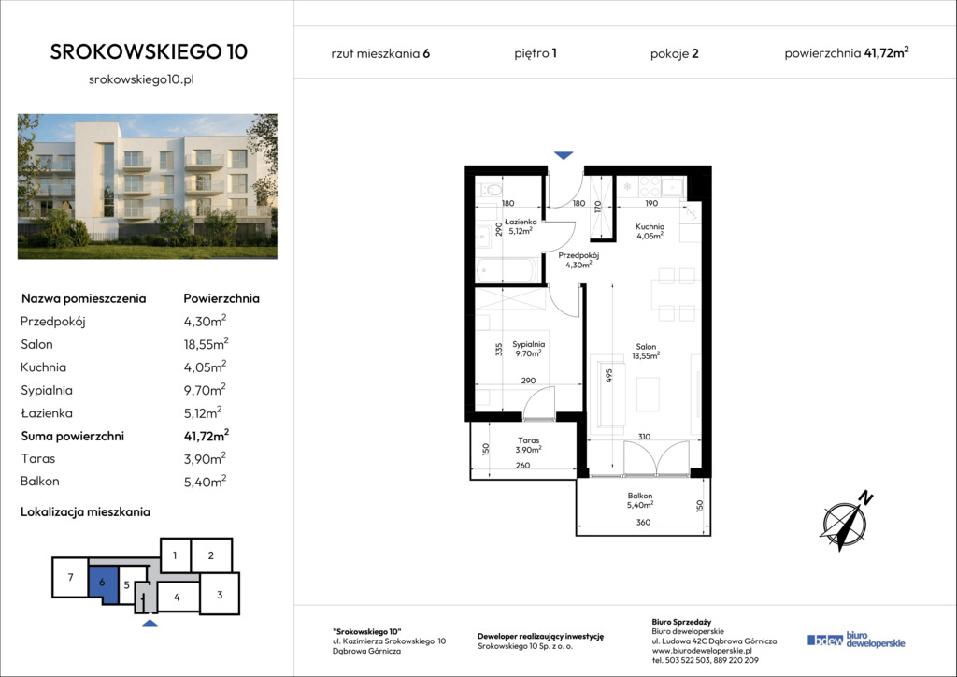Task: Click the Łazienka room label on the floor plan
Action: pos(521,223)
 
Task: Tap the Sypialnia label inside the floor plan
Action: pos(529,344)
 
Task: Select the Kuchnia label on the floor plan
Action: pos(650,226)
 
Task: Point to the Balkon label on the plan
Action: pos(639,496)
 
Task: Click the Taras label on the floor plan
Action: pos(529,440)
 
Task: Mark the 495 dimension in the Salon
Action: pos(608,375)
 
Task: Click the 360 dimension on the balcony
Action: pos(643,523)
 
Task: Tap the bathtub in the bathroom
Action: pos(507,270)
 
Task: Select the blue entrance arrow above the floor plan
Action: pos(564,155)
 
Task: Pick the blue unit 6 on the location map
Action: pos(103,583)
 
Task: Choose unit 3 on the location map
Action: pos(220,594)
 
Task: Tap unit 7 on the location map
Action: pos(71,577)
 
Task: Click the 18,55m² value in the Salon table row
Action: pos(207,344)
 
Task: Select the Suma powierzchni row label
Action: pos(73,436)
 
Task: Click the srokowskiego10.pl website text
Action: pos(142,79)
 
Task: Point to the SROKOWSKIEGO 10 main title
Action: pos(149,51)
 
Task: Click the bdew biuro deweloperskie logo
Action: pos(856,640)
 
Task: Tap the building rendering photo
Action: pos(148,186)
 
